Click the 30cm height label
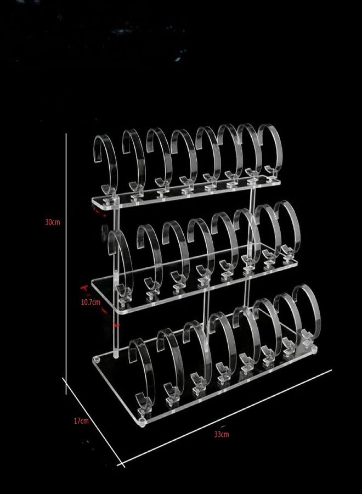[52, 222]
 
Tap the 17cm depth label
[81, 420]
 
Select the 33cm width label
[222, 434]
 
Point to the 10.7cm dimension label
[90, 302]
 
